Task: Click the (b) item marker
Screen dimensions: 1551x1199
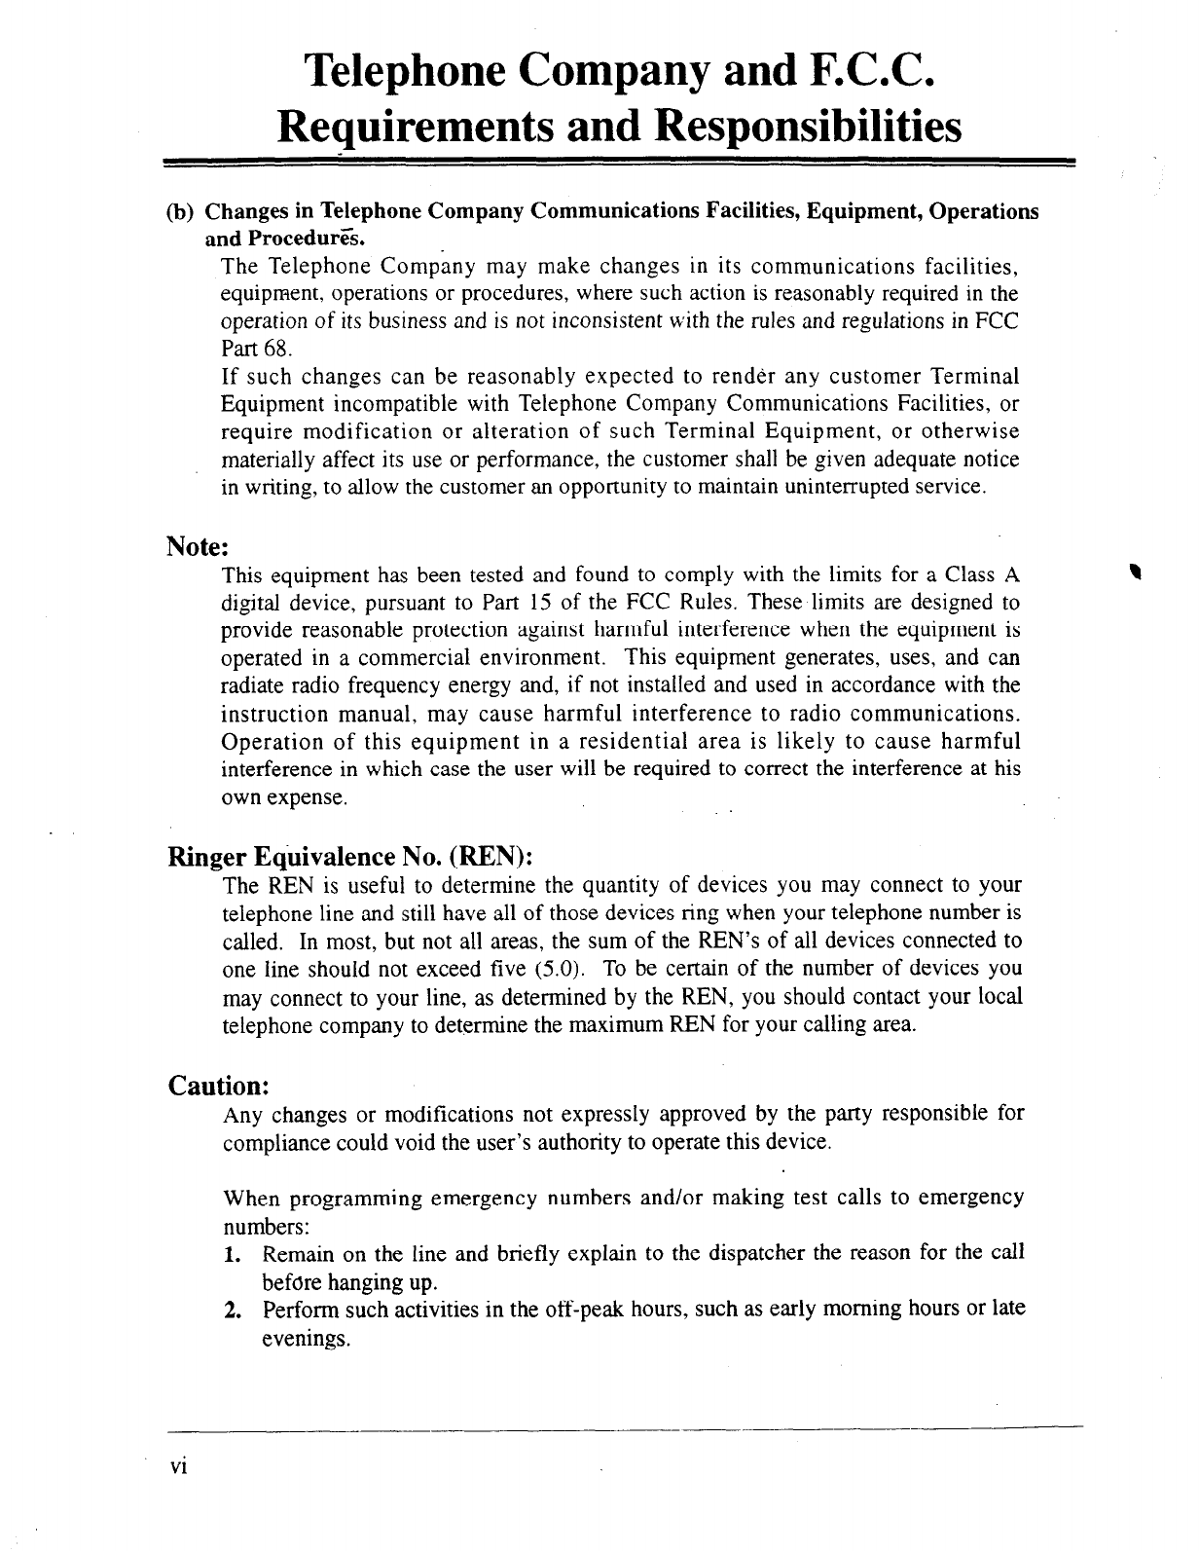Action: tap(182, 212)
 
